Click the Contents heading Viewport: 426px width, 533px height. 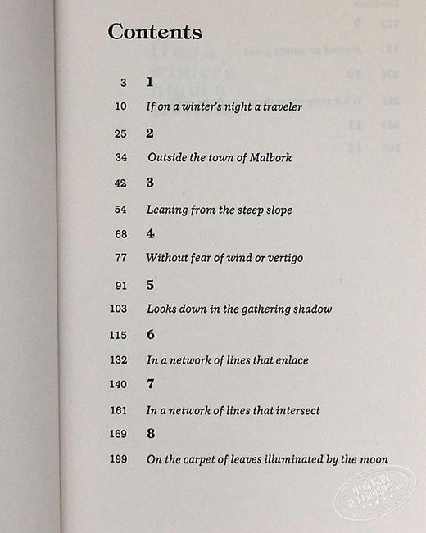155,33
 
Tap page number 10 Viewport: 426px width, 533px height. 121,106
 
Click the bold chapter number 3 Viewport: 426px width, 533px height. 150,183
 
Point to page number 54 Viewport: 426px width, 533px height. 121,209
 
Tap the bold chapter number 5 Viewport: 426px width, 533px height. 150,286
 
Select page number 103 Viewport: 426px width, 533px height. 118,309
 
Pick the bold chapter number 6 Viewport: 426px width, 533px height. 150,335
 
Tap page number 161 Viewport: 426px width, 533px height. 118,409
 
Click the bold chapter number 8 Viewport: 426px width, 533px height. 150,433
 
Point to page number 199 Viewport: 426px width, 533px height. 118,459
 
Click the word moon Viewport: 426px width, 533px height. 372,459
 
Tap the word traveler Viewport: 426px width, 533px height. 279,106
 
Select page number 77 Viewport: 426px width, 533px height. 121,258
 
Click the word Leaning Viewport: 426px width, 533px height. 168,210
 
